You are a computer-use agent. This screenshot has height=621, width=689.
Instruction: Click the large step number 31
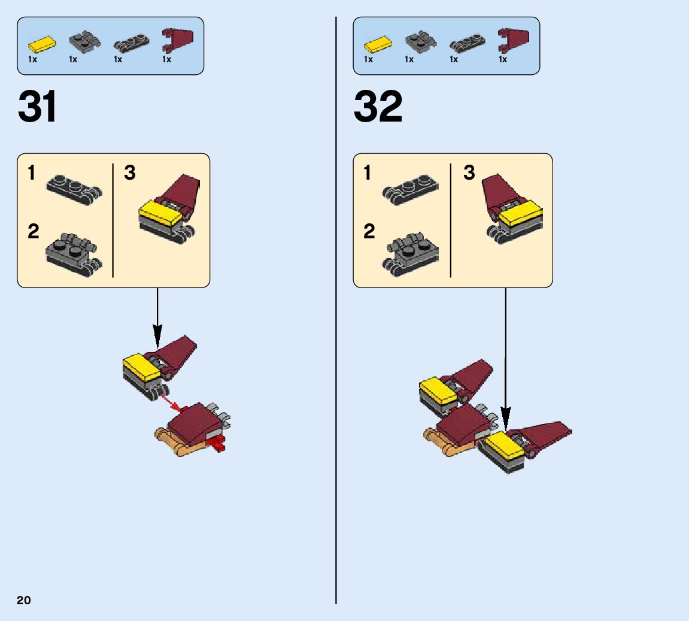click(38, 107)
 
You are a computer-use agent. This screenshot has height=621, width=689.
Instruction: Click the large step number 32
click(378, 107)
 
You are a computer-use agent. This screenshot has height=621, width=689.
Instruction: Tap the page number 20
click(24, 600)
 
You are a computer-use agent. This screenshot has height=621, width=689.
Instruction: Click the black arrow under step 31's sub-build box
click(157, 317)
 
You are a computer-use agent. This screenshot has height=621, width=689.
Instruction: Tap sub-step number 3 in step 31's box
click(130, 173)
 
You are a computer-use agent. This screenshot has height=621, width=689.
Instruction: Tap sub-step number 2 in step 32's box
click(369, 231)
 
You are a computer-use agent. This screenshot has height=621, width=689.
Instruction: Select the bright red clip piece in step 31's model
click(218, 444)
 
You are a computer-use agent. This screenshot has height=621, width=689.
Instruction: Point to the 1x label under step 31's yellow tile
click(33, 59)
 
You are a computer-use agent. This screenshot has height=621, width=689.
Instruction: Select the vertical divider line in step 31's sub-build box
click(113, 220)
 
